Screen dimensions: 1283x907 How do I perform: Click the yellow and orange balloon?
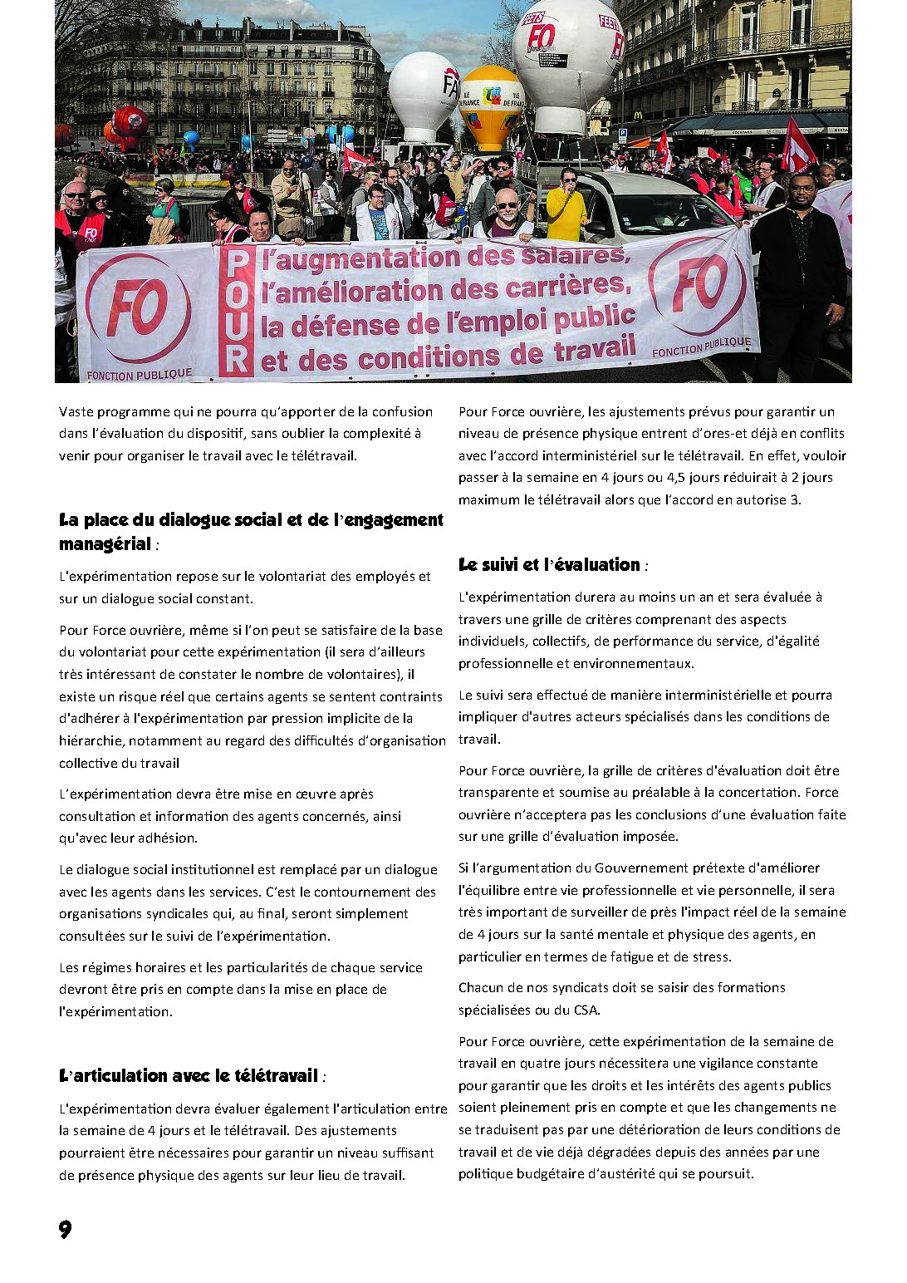[x=491, y=106]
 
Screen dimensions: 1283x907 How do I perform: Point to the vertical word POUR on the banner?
[x=237, y=312]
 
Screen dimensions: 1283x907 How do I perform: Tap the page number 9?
[x=66, y=1229]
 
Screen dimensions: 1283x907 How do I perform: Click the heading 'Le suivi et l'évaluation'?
[x=549, y=565]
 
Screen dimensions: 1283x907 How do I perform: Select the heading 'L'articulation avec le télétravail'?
[x=189, y=1076]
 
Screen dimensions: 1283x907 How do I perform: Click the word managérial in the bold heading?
[x=105, y=544]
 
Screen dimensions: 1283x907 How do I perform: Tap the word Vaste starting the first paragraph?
[x=78, y=411]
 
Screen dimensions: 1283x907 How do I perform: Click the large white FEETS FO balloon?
[x=567, y=58]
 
